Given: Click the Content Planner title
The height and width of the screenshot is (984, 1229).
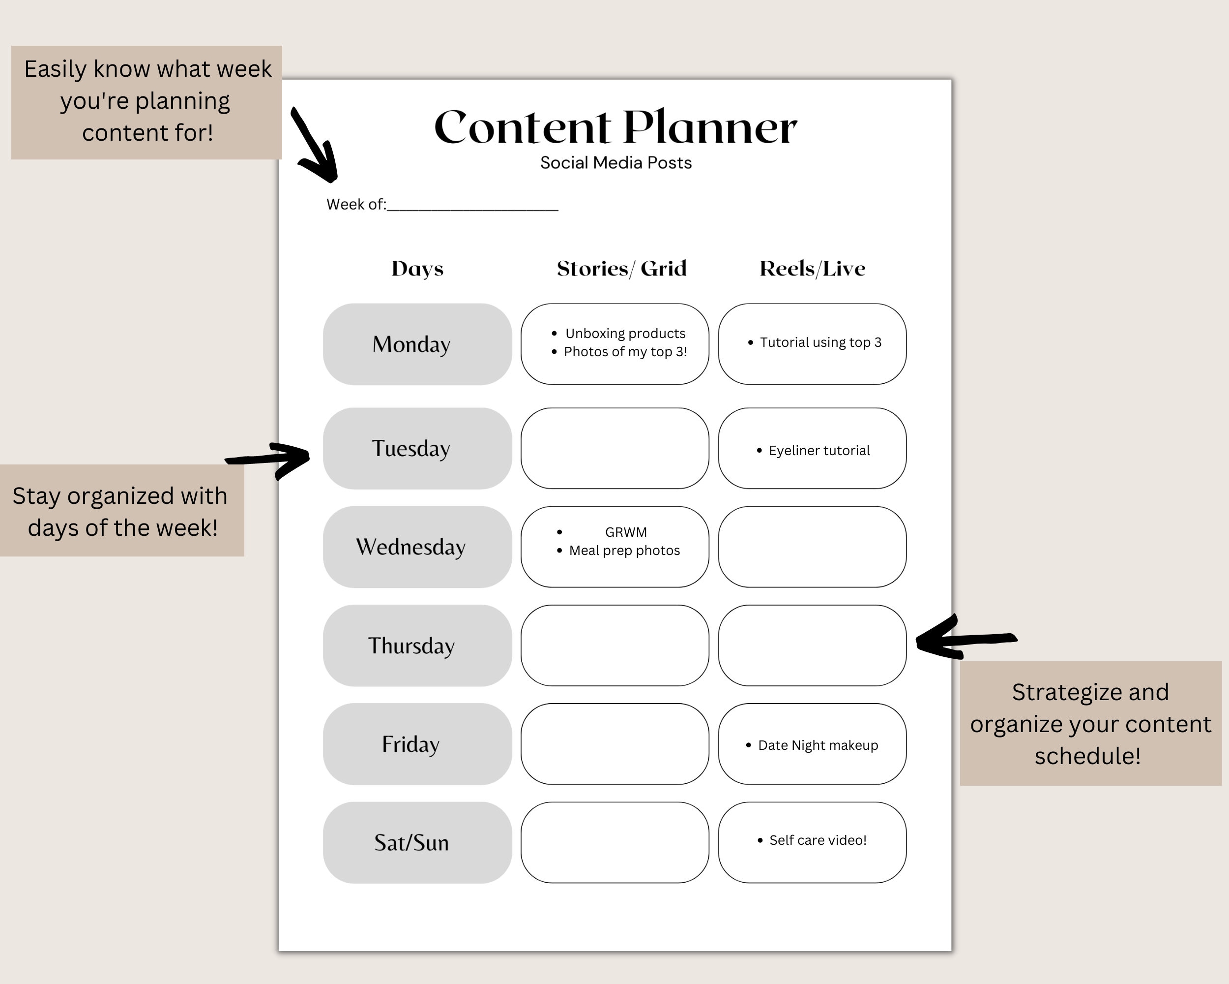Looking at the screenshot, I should (615, 127).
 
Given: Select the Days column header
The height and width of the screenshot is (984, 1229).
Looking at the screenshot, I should (417, 269).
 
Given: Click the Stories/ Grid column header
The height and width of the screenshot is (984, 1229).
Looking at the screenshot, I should (621, 269).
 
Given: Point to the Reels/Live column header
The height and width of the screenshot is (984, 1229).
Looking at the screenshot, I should (812, 269).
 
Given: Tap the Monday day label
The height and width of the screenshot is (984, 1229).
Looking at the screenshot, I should (411, 344).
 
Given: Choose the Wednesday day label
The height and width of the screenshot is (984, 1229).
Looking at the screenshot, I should (411, 547).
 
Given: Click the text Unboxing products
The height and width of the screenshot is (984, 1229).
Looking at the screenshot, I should (625, 334).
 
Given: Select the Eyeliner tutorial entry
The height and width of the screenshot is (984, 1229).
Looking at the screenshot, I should (819, 451).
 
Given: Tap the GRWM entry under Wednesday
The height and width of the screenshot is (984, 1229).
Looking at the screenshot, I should (625, 532).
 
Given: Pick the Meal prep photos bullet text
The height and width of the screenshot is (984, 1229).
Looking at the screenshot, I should (624, 551).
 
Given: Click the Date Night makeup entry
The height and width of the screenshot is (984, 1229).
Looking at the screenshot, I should (818, 745).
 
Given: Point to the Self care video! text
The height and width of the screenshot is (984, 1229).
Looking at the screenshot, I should (818, 840).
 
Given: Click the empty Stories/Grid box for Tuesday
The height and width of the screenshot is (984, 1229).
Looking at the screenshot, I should (614, 448).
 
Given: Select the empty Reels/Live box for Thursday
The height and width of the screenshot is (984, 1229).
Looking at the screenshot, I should (812, 645).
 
